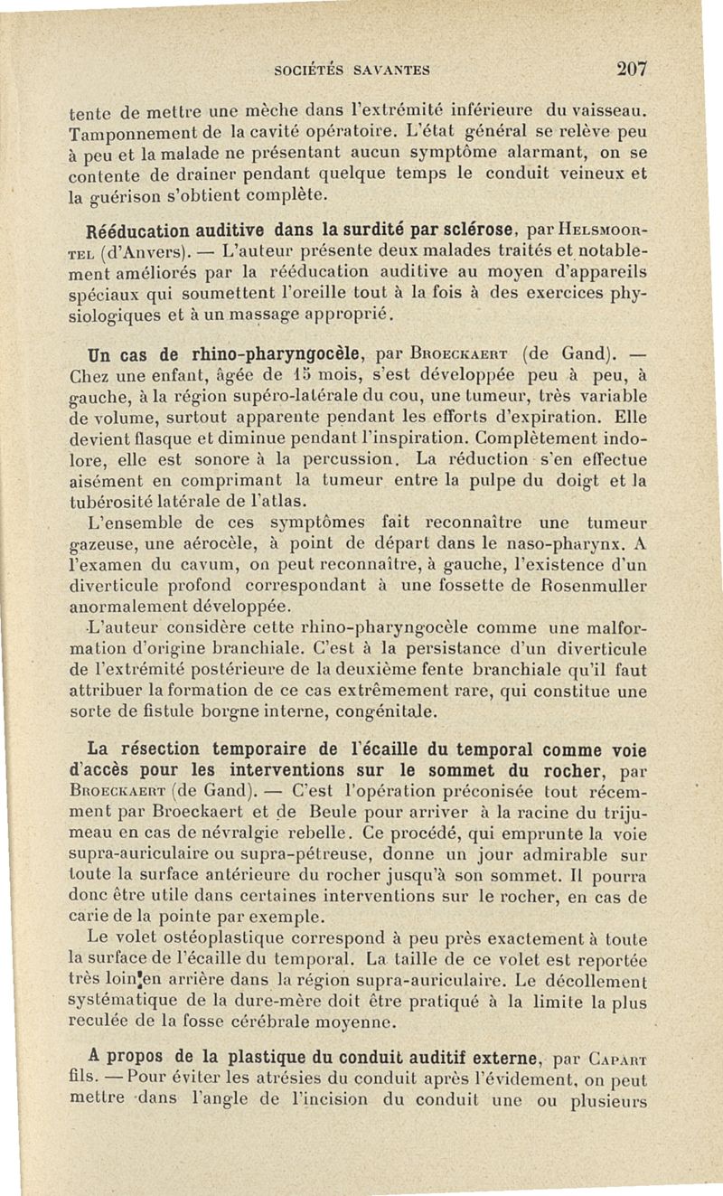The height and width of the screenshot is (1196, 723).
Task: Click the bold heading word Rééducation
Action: (136, 236)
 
